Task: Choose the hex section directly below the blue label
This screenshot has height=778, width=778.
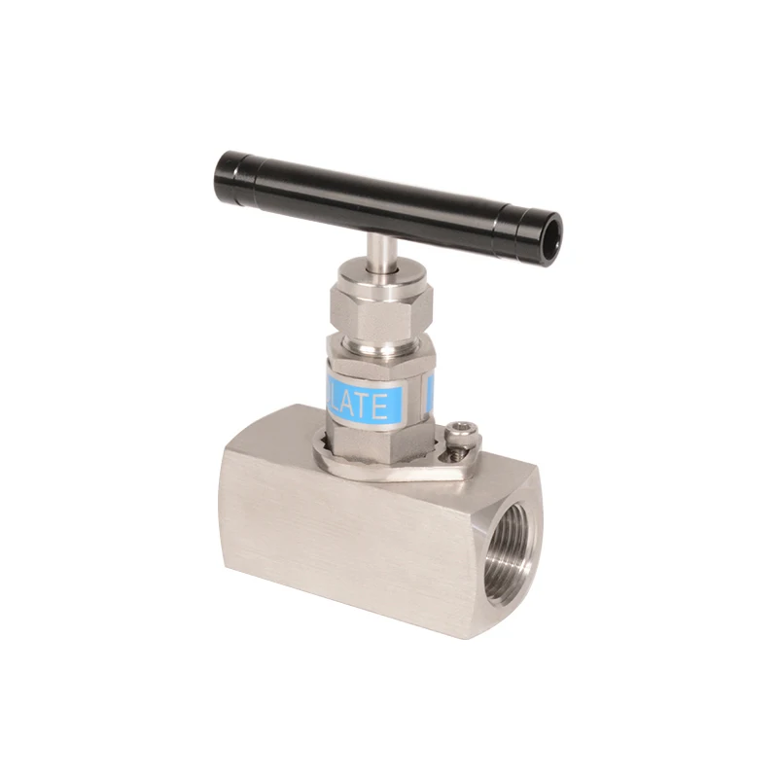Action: [x=379, y=438]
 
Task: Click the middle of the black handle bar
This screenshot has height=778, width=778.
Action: [x=389, y=203]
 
